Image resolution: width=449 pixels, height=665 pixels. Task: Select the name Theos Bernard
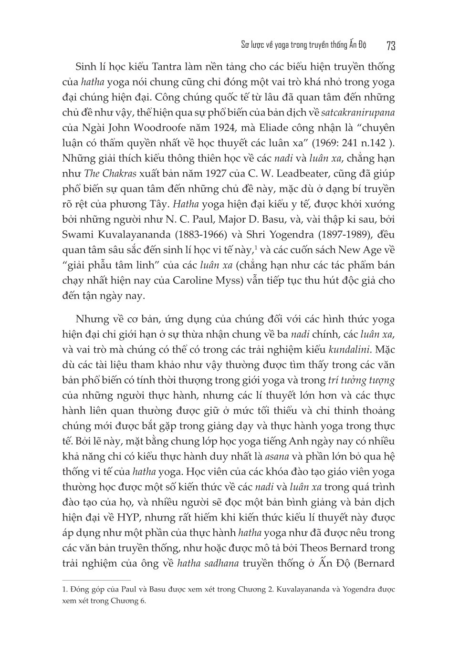324,548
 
